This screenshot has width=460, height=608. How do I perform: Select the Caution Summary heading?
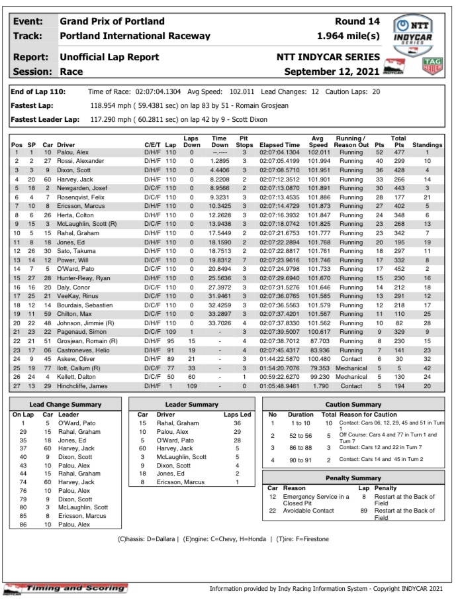[x=353, y=403]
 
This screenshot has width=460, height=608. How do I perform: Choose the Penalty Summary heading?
[x=353, y=478]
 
